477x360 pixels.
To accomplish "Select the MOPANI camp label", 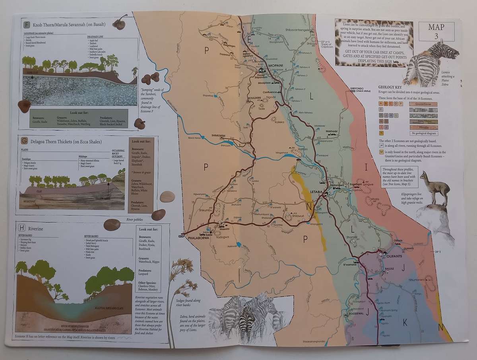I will [275, 65].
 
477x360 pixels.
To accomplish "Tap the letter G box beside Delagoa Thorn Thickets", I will [25, 141].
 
